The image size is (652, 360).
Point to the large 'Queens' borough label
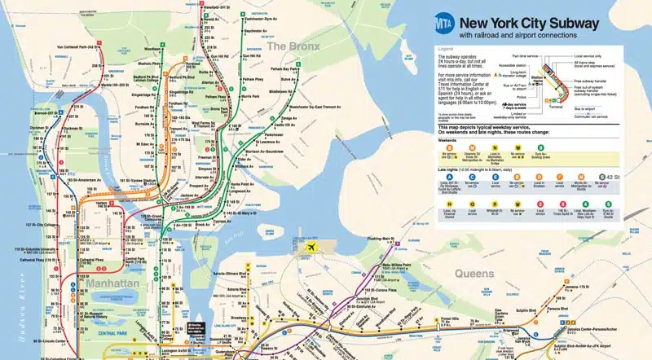475,274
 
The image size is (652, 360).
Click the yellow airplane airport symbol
311,248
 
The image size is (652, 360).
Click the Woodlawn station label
152,48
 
